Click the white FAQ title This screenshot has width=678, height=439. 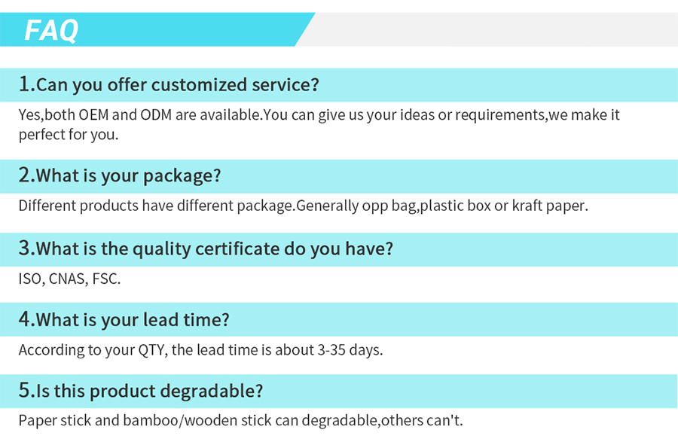pyautogui.click(x=51, y=30)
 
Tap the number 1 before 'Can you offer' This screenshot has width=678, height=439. pyautogui.click(x=24, y=84)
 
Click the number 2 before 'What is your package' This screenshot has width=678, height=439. pyautogui.click(x=24, y=175)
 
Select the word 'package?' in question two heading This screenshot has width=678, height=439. pyautogui.click(x=182, y=176)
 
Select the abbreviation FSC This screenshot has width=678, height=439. pyautogui.click(x=106, y=279)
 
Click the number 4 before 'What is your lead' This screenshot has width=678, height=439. pyautogui.click(x=24, y=319)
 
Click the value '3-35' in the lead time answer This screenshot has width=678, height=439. pyautogui.click(x=331, y=349)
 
